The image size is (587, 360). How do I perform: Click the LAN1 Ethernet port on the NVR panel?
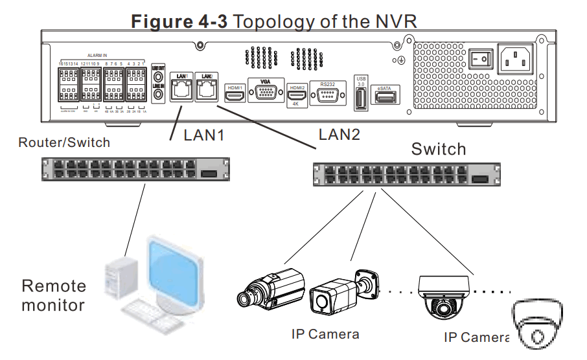[x=181, y=91]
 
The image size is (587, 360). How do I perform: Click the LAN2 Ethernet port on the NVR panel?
[x=207, y=91]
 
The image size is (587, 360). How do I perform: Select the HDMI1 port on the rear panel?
[x=235, y=95]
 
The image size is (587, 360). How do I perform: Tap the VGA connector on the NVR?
[x=265, y=93]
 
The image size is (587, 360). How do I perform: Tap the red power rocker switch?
[x=480, y=60]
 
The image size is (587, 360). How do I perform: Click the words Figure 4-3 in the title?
[x=179, y=21]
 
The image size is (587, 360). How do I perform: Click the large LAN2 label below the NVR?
[x=340, y=135]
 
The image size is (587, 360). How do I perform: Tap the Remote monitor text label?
[x=53, y=295]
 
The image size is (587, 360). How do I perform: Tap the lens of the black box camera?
[x=247, y=299]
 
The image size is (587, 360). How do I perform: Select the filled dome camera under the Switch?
[x=444, y=296]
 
